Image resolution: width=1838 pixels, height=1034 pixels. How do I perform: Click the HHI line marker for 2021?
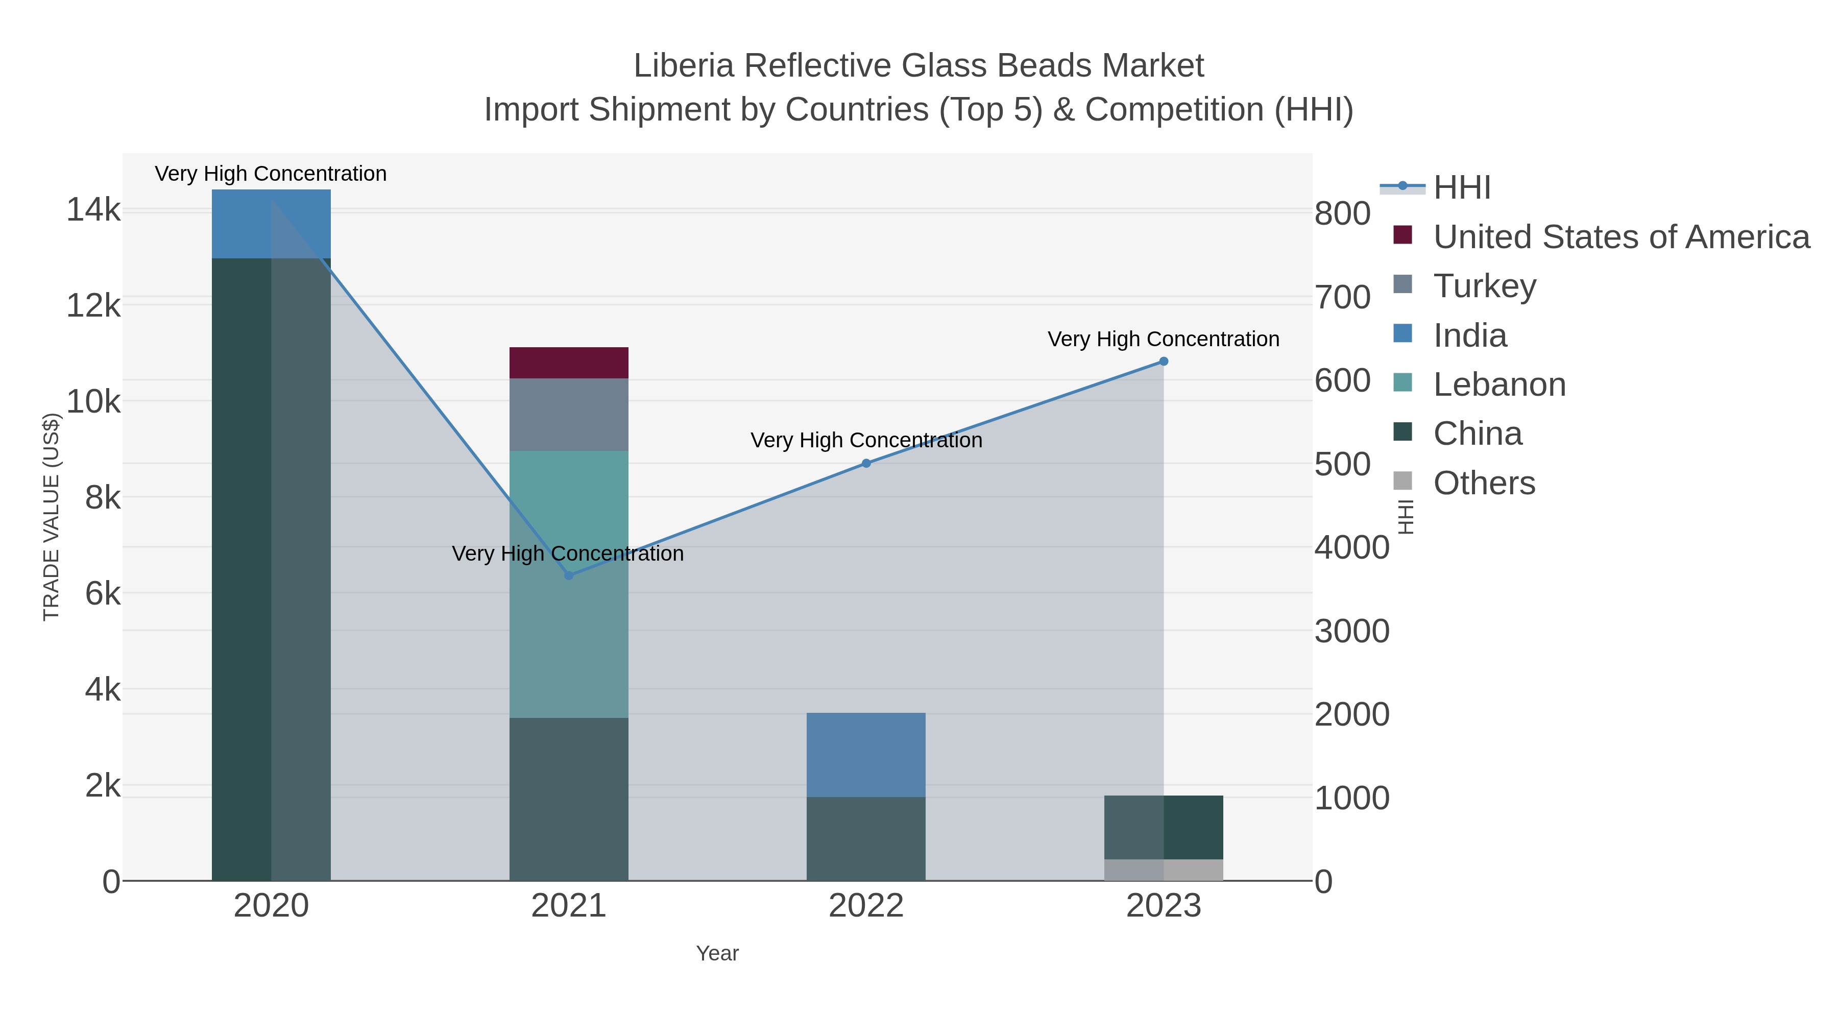click(x=569, y=575)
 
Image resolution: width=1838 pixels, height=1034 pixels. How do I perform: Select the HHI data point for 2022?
click(x=866, y=463)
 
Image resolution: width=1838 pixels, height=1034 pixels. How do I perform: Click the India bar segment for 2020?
click(x=271, y=223)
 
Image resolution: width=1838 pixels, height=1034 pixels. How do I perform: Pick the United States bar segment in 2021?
click(x=569, y=363)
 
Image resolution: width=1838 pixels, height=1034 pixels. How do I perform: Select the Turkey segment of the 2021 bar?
click(x=569, y=414)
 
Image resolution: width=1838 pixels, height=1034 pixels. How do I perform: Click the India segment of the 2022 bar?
click(x=866, y=754)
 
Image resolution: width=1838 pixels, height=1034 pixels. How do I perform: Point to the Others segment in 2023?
click(x=1164, y=870)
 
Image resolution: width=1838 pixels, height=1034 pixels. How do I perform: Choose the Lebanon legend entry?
click(x=1498, y=384)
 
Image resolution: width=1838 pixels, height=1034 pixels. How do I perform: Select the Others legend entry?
click(x=1483, y=483)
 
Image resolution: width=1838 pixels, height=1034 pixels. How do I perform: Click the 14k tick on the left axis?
click(x=93, y=210)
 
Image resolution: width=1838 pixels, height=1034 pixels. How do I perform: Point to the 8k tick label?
click(x=103, y=497)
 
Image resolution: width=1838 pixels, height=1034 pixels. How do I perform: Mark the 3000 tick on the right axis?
click(x=1351, y=631)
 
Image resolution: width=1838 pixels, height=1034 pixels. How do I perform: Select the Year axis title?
click(x=717, y=953)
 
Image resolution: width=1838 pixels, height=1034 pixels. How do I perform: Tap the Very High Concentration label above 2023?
click(x=1163, y=339)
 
